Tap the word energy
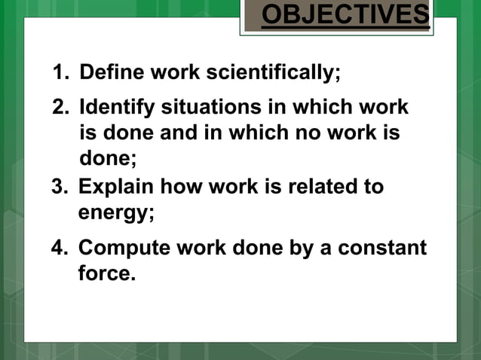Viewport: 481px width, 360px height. pyautogui.click(x=115, y=212)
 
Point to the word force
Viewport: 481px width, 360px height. pyautogui.click(x=106, y=273)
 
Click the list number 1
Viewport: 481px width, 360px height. pyautogui.click(x=58, y=74)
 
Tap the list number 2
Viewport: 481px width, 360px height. pyautogui.click(x=59, y=108)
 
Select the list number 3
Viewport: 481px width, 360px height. pyautogui.click(x=58, y=186)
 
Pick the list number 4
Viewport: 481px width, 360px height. pyautogui.click(x=59, y=247)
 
